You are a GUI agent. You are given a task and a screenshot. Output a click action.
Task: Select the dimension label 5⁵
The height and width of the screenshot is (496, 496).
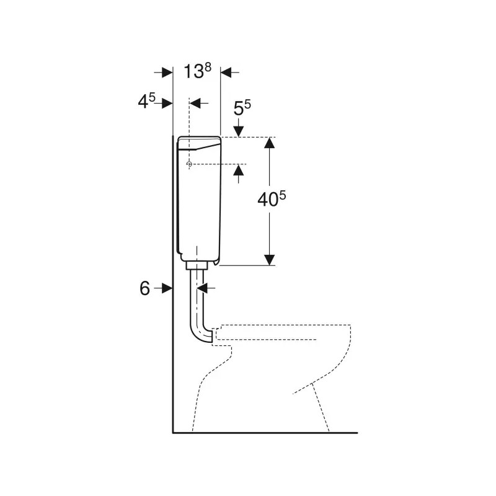click(242, 110)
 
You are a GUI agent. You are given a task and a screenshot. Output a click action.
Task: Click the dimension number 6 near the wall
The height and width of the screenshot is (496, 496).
click(144, 288)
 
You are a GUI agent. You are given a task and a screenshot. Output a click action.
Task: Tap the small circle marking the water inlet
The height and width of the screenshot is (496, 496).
click(189, 164)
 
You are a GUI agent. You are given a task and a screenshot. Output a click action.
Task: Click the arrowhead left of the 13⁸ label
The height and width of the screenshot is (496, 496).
click(167, 73)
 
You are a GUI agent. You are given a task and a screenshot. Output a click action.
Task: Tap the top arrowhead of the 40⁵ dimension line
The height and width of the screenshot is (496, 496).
click(269, 143)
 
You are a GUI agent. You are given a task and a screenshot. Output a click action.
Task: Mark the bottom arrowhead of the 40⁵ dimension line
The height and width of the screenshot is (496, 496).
click(269, 259)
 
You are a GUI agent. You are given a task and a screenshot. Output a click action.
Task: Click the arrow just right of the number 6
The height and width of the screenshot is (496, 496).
click(165, 288)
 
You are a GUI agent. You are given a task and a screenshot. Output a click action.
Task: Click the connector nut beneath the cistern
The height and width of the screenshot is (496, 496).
click(196, 265)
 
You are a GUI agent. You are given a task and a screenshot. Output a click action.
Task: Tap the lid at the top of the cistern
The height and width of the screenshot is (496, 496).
click(198, 143)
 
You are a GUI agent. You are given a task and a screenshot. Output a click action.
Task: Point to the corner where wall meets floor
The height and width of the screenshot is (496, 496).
click(172, 432)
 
